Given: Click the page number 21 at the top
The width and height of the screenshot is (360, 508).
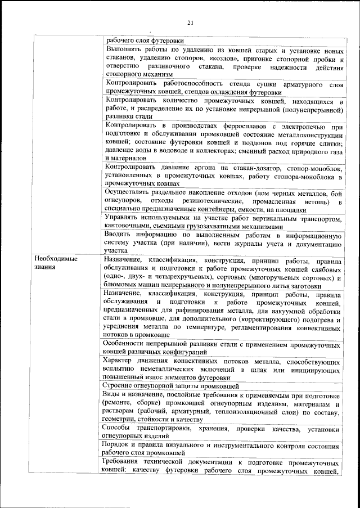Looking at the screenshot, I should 190,23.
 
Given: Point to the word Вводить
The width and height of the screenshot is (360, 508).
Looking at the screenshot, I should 119,235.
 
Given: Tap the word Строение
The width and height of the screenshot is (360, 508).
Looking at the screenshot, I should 120,386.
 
